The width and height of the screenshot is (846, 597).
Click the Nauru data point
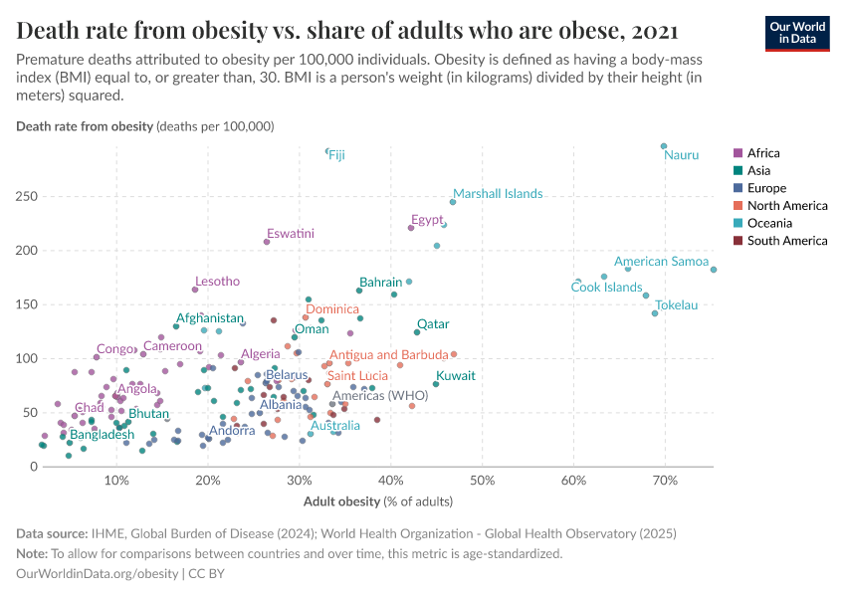coord(664,146)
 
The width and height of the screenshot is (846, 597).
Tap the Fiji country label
coord(337,155)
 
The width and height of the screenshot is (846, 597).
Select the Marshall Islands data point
coord(453,202)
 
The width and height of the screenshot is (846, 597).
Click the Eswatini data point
coord(267,242)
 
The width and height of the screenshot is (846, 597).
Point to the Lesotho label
coord(217,282)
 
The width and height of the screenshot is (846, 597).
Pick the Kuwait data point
coord(436,384)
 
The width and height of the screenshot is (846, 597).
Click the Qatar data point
coord(417,332)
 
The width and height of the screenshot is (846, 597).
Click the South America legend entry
coord(778,241)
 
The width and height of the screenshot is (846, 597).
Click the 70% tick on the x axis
coord(665,482)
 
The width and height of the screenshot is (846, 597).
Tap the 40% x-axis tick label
coord(391,482)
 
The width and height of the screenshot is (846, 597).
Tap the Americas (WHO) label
coord(379,396)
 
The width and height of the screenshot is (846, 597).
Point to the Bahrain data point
coord(359,291)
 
